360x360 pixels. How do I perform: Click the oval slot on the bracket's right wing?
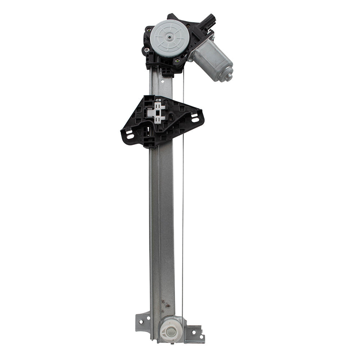tap(195, 118)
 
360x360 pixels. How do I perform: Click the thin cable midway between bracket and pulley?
tap(183, 230)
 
